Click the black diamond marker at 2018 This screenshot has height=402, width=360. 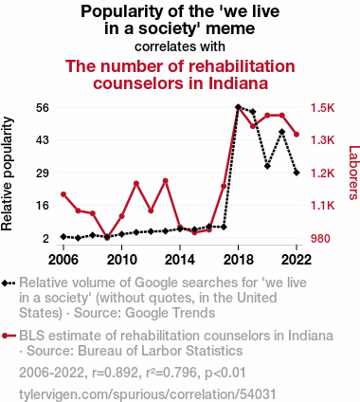tap(239, 107)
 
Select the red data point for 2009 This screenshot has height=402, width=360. tap(107, 237)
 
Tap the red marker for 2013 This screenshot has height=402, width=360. tap(166, 181)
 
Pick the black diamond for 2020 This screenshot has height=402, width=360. tap(267, 166)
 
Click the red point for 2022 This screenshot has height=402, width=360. tap(297, 135)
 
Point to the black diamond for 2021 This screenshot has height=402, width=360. tap(282, 132)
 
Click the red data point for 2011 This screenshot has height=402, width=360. tap(136, 183)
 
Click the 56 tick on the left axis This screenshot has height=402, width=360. tap(43, 108)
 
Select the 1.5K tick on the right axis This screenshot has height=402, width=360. tap(322, 108)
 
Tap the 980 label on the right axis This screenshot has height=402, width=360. tap(320, 239)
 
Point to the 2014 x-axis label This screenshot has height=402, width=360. tap(180, 260)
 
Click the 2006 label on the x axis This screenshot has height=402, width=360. tap(63, 260)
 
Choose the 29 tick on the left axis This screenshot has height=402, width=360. tap(43, 174)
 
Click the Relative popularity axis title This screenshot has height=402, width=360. tap(7, 174)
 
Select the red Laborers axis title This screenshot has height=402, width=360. tap(353, 173)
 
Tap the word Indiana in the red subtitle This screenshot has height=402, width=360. tap(238, 83)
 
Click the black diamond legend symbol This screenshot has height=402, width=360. tap(9, 283)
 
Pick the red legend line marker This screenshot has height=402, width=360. tap(9, 336)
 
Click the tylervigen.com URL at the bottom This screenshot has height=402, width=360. tap(148, 394)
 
